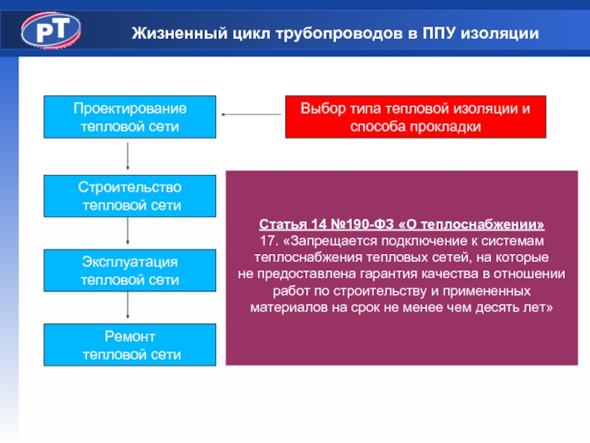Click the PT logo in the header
tap(51, 30)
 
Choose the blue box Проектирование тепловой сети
tap(130, 117)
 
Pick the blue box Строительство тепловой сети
tap(130, 196)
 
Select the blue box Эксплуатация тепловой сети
tap(130, 270)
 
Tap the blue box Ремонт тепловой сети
tap(130, 345)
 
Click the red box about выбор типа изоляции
tap(415, 117)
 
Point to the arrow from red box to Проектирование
tap(251, 114)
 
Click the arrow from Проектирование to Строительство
tap(128, 156)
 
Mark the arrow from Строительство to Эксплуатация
tap(128, 232)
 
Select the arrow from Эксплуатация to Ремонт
tap(128, 306)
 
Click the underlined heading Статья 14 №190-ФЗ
tap(402, 224)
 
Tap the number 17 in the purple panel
tap(267, 241)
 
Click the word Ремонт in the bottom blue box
tap(130, 337)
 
